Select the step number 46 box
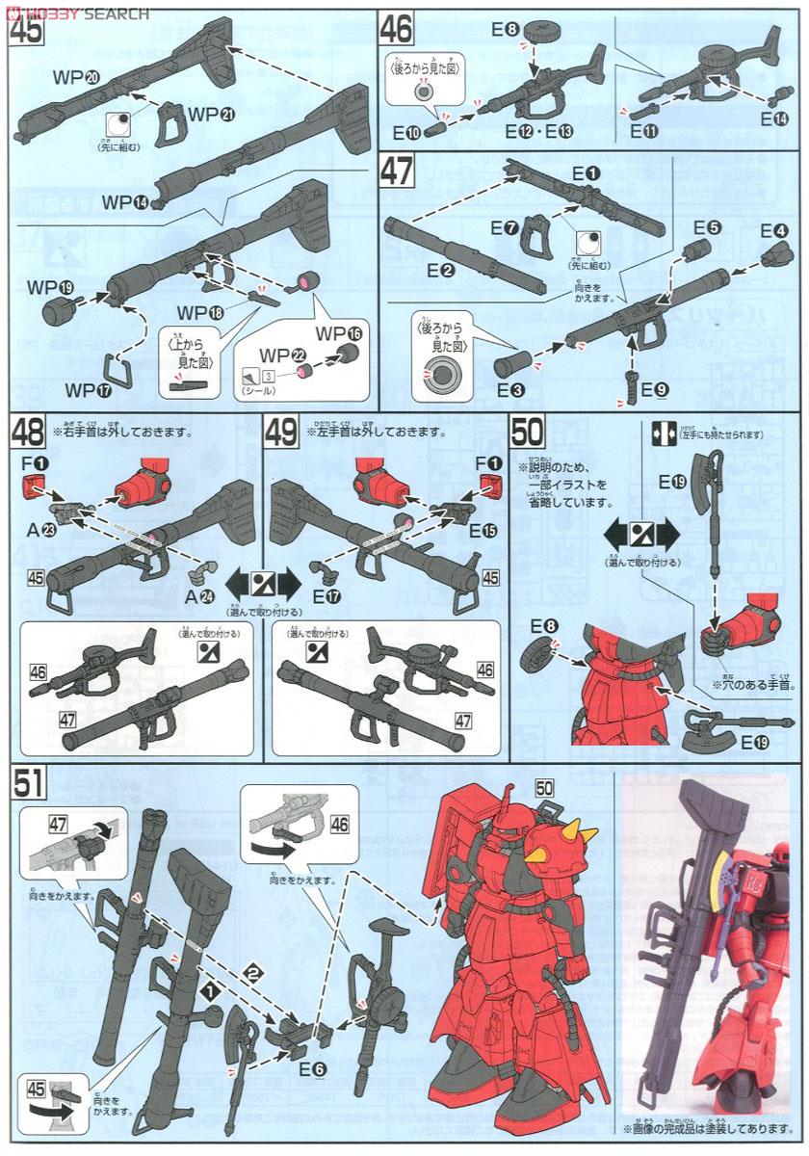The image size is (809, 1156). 396,29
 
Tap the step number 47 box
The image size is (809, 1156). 396,172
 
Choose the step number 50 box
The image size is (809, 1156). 530,431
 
